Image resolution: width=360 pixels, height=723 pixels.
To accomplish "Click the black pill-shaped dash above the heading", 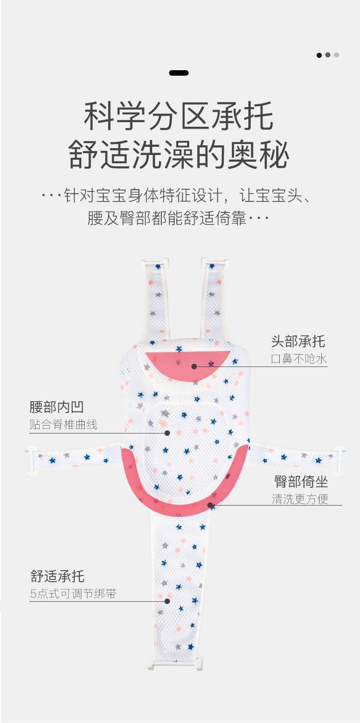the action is tap(179, 73).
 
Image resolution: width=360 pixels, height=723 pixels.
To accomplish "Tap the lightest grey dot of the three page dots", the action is tap(336, 55).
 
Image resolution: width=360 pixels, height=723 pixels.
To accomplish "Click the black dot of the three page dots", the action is tap(319, 55).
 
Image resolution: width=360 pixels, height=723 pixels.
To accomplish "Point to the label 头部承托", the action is tap(298, 341).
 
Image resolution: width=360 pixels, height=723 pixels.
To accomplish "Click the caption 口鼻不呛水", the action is tap(299, 359).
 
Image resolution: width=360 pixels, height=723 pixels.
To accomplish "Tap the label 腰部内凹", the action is tap(57, 407).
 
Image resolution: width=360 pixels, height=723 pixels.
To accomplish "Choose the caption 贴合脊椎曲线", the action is tap(63, 424).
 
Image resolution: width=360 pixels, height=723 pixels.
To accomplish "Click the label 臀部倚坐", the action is tap(301, 482).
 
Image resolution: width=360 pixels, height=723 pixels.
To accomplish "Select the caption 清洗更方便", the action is tap(300, 499).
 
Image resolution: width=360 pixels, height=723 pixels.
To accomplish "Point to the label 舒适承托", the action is tap(57, 576).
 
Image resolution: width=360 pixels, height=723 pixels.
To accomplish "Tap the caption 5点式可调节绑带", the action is tap(73, 594).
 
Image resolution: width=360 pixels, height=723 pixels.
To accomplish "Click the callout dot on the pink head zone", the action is tap(194, 367).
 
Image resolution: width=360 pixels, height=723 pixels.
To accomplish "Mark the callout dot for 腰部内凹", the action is tap(167, 433).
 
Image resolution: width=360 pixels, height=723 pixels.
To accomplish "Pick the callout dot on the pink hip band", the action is tap(210, 505).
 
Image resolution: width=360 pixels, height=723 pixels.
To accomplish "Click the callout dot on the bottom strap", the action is tap(167, 601).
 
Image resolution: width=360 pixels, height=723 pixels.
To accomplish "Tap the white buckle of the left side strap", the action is tap(31, 461).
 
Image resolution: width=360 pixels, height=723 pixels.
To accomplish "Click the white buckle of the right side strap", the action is tap(339, 460).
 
